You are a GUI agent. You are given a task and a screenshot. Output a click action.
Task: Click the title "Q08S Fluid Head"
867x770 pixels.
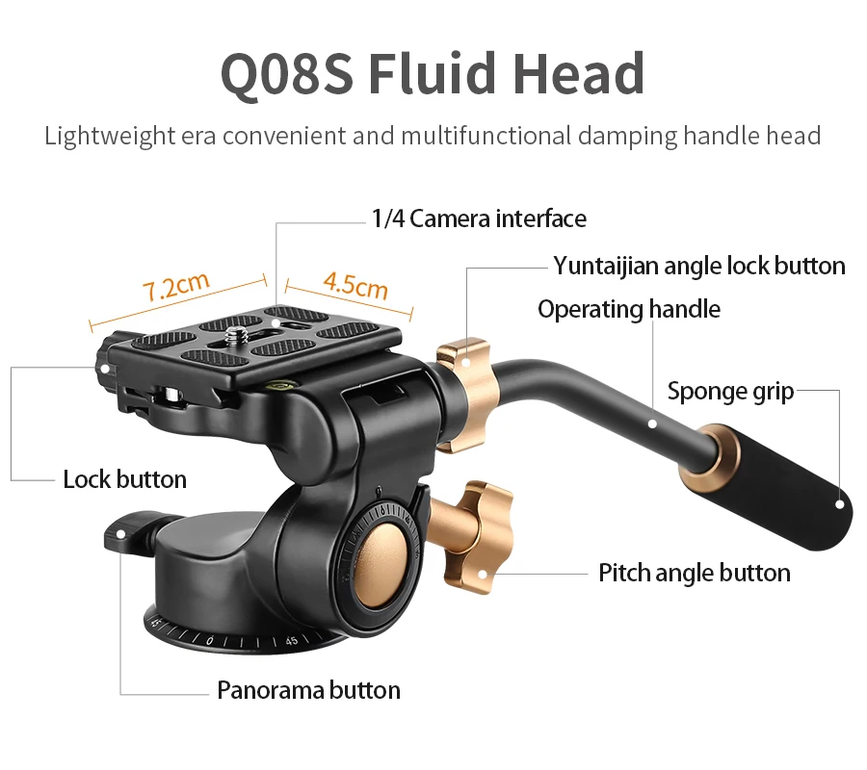pos(433,73)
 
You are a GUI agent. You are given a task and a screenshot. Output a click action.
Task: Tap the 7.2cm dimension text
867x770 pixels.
pos(175,286)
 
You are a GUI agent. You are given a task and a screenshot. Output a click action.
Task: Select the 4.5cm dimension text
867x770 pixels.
pos(355,285)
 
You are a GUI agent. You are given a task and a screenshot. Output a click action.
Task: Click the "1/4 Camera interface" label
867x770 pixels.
pos(479,218)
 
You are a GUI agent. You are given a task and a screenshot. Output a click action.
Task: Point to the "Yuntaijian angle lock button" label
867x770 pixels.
pos(699,266)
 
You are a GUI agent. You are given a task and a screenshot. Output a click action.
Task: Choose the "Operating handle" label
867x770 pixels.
pos(628,309)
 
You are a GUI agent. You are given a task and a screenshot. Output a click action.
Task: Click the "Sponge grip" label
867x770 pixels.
pos(730,391)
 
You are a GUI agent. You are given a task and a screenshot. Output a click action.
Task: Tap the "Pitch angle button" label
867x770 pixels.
pos(694,573)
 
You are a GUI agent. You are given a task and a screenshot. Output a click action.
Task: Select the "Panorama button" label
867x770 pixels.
pos(308,689)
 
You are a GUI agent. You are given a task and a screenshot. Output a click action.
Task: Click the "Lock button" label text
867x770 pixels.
pos(124,478)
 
